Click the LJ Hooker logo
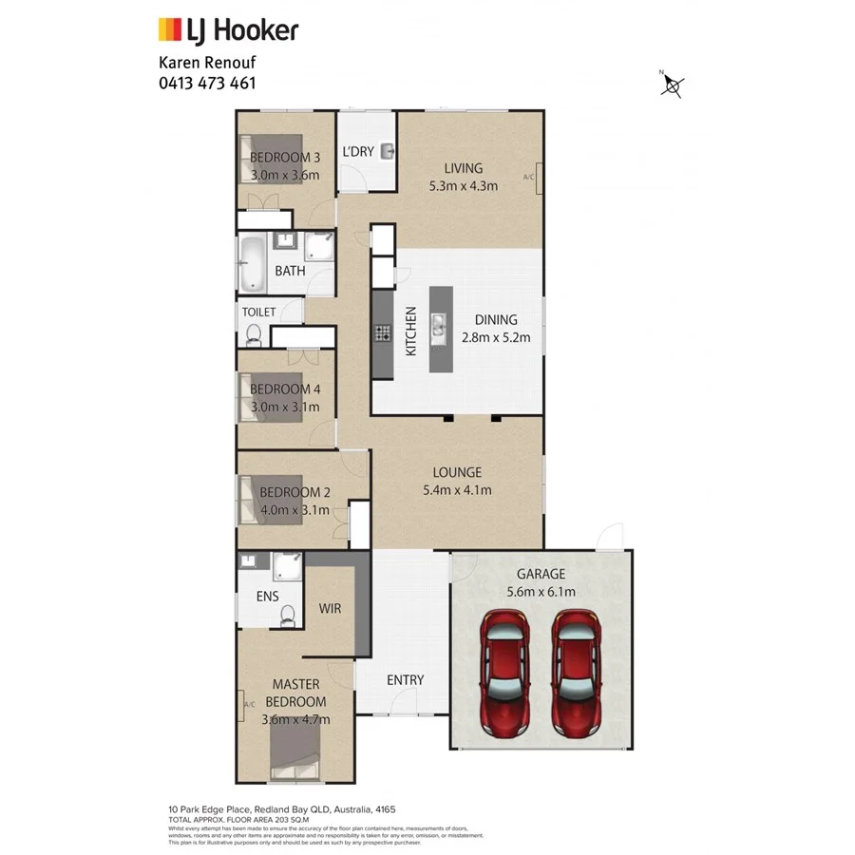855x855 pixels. coord(227,30)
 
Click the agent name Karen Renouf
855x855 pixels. coord(206,63)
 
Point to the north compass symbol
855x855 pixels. coord(673,85)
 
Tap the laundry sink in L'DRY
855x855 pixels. coord(388,151)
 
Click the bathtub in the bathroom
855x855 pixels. coord(253,264)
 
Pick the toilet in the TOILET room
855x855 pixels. coord(254,333)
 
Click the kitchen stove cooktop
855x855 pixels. coord(383,332)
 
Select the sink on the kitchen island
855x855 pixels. coord(439,328)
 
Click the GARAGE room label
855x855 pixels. coord(541,574)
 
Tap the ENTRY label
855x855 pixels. coord(405,680)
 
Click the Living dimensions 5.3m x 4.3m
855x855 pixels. coord(463,185)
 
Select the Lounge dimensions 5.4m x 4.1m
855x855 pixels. coord(458,490)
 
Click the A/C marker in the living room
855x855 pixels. coord(529,177)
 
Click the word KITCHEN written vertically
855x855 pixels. coord(411,331)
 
